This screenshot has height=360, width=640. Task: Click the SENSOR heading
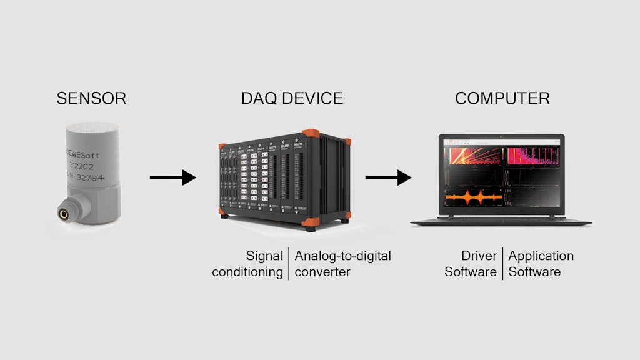click(91, 98)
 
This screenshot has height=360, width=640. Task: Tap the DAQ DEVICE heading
click(292, 98)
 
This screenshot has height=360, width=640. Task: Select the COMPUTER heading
click(502, 98)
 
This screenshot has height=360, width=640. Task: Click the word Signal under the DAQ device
click(264, 256)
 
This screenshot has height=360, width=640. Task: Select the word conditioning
click(247, 272)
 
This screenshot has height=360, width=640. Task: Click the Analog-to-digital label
click(342, 256)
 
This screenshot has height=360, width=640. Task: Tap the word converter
click(322, 272)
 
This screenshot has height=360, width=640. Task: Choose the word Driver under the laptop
click(479, 256)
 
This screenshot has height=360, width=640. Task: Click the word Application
click(541, 256)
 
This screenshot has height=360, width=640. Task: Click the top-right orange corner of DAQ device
click(311, 134)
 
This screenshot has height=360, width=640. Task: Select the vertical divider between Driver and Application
click(502, 264)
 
